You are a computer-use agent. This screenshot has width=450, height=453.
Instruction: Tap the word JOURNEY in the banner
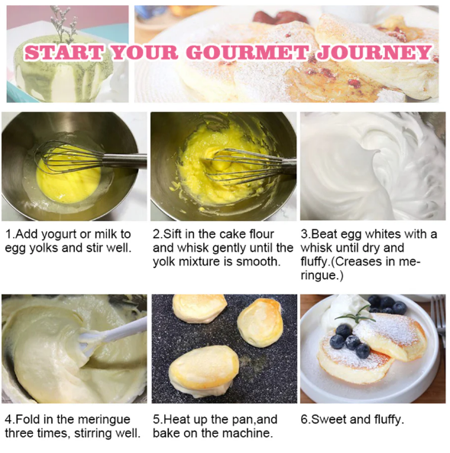[x=374, y=53]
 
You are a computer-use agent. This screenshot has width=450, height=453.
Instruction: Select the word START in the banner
[x=64, y=53]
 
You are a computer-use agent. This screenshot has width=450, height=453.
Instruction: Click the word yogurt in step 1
[x=59, y=235]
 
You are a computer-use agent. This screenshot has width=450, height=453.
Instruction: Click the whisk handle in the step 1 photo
[x=125, y=161]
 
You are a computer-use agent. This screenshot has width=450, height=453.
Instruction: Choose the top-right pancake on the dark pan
[x=260, y=323]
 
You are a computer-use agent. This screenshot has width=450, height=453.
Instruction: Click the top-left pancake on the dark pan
[x=199, y=308]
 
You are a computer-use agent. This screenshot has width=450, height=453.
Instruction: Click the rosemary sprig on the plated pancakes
[x=355, y=316]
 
